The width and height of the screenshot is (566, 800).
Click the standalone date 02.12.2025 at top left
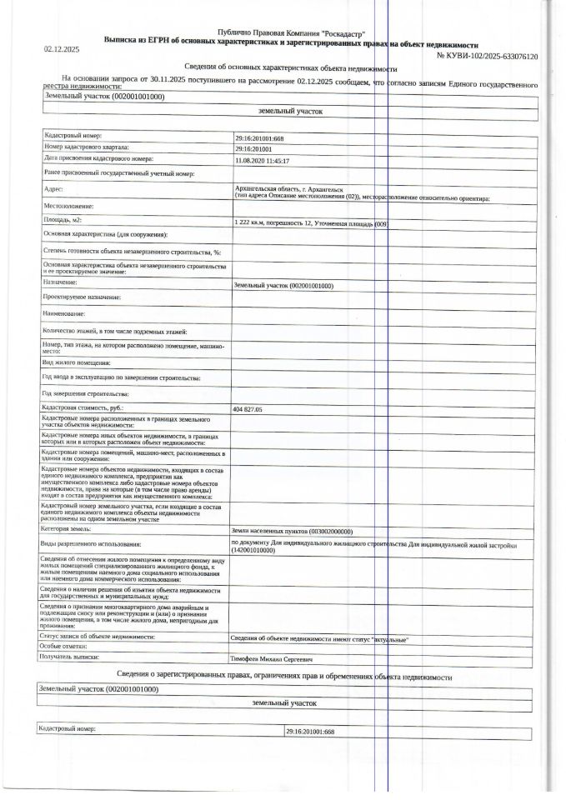coord(61,50)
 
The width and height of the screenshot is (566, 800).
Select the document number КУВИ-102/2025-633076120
coord(487,55)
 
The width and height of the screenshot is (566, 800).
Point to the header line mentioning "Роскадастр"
coord(291,31)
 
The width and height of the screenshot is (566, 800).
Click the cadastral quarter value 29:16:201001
coord(255,147)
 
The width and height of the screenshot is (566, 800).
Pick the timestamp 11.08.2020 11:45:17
coord(263,160)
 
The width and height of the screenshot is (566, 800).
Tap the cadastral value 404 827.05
coord(248,410)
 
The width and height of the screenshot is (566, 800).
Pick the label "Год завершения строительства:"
coord(86,392)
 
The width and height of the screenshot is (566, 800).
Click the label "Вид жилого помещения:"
coord(77,363)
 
